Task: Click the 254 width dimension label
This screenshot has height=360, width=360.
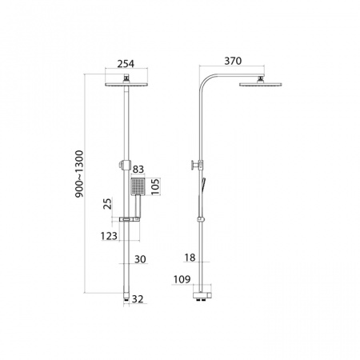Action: tap(126, 64)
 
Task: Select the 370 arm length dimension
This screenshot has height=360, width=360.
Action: tap(233, 61)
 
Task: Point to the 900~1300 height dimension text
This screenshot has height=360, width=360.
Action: tap(79, 174)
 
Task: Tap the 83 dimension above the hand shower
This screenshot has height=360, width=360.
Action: tap(138, 170)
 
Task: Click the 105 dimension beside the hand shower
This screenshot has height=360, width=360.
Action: tap(155, 186)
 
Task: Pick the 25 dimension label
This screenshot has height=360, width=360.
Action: tap(108, 203)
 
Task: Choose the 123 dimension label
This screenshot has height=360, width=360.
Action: tap(109, 236)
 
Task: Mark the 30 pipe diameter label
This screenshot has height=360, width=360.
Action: tap(140, 259)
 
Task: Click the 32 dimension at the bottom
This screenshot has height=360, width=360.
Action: tap(138, 299)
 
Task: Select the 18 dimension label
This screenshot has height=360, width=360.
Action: tap(190, 258)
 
